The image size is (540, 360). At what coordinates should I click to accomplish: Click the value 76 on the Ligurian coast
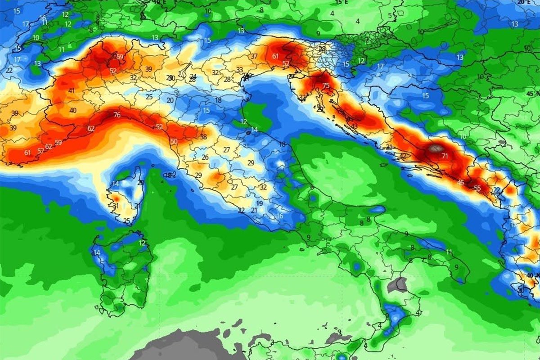click(x=117, y=115)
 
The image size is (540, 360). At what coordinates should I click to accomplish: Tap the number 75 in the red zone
click(x=326, y=86)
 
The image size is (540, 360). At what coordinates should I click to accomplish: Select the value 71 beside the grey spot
click(x=445, y=156)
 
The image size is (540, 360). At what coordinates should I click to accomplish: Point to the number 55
click(x=477, y=188)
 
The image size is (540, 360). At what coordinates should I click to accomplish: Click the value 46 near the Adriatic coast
click(x=460, y=182)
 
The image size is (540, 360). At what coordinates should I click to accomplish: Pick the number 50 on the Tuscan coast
click(x=174, y=141)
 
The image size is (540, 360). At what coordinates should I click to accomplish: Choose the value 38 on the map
click(x=203, y=137)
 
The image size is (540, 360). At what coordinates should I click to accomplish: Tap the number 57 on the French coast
click(x=40, y=150)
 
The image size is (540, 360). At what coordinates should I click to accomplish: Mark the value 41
click(x=72, y=91)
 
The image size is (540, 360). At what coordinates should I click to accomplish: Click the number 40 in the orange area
click(x=73, y=110)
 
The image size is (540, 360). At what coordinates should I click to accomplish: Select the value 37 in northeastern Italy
click(x=254, y=56)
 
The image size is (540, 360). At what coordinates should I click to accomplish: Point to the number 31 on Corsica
click(x=116, y=206)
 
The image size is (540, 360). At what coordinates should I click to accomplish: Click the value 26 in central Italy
click(x=205, y=157)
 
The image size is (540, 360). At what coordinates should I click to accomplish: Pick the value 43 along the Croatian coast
click(x=355, y=126)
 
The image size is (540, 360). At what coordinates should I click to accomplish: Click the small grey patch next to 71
click(x=435, y=147)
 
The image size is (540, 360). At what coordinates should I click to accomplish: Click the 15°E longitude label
click(x=342, y=2)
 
